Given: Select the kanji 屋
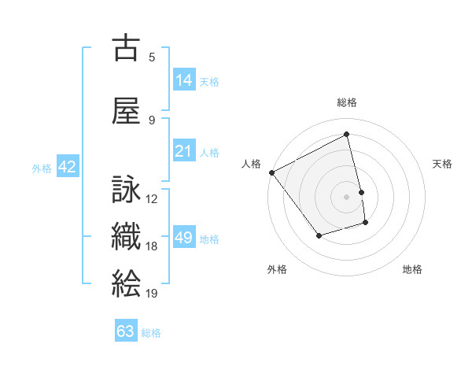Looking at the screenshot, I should [126, 110].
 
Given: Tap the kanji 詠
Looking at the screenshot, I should [126, 189].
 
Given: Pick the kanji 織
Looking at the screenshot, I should [126, 238].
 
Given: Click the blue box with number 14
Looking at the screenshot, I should [184, 80].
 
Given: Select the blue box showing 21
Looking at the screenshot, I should [184, 150].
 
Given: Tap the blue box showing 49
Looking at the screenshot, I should [184, 238].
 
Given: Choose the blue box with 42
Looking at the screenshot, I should [67, 167].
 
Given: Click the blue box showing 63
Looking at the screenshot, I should [126, 331].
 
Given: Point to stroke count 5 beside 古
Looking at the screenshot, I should [152, 57].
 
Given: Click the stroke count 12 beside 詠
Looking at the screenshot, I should [152, 198].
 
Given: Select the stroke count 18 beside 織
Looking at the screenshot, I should [152, 246].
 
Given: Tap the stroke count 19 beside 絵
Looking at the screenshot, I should [152, 293].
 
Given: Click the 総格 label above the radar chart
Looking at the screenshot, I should [347, 102].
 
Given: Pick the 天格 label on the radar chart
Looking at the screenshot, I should [443, 164].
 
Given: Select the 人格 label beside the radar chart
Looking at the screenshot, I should [251, 164].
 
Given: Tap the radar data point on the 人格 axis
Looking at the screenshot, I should [271, 172].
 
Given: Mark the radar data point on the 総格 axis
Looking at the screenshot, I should [347, 135].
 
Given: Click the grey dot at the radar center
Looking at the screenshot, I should [347, 196].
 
